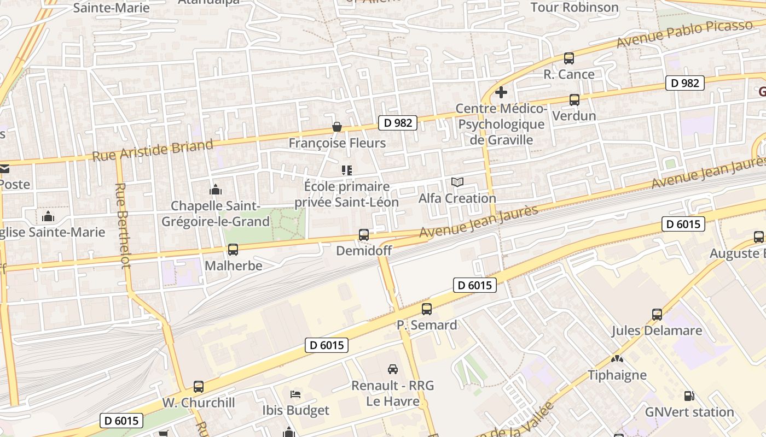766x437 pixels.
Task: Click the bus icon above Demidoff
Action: coord(363,235)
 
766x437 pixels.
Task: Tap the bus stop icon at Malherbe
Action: coord(233,250)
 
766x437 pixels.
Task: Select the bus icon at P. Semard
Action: coord(427,309)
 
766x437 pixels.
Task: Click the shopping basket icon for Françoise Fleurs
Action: coord(337,127)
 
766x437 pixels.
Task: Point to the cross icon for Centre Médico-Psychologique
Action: coord(501,92)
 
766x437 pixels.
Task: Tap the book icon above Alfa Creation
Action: coord(457,182)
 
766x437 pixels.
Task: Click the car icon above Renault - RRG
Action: coord(393,369)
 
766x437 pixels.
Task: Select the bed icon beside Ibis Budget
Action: coord(295,394)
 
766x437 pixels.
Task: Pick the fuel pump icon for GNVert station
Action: coord(689,396)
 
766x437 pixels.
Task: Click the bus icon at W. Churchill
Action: coord(199,387)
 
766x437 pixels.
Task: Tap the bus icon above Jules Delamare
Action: coord(657,315)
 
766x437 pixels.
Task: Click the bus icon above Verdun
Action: coord(574,100)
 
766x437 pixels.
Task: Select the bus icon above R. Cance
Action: coord(569,58)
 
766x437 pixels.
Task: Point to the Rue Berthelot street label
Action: coord(123,225)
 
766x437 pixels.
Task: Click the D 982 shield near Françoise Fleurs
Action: coord(398,123)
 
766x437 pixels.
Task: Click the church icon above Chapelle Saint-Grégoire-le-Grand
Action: coord(215,190)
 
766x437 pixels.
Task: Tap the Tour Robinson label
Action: coord(574,8)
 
